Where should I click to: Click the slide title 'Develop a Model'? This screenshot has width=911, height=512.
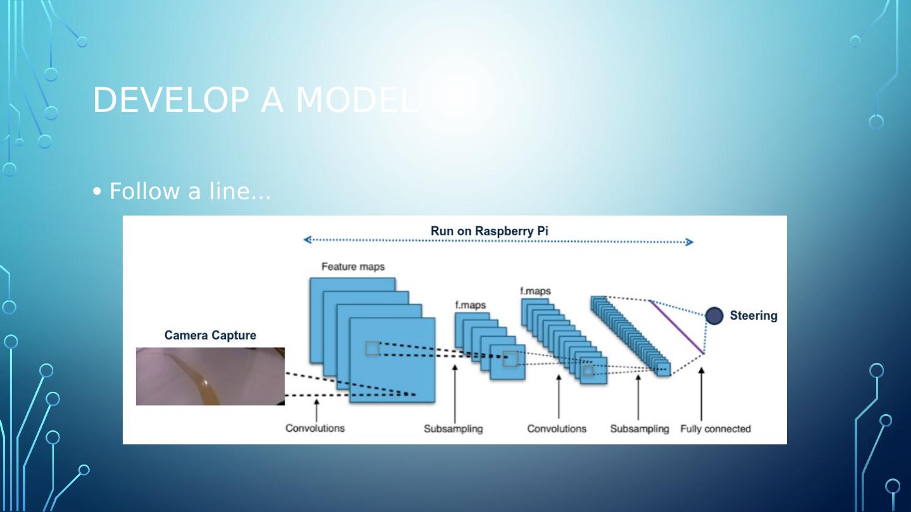pyautogui.click(x=255, y=100)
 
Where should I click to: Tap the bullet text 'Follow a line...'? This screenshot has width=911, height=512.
pyautogui.click(x=190, y=191)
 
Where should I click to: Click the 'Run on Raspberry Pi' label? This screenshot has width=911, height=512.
pyautogui.click(x=489, y=231)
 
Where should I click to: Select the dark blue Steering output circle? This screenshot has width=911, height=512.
pyautogui.click(x=714, y=315)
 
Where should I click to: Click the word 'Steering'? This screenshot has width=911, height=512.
pyautogui.click(x=753, y=315)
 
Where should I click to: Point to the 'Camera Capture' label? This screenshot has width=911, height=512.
pyautogui.click(x=210, y=335)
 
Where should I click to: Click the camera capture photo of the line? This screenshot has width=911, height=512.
pyautogui.click(x=210, y=376)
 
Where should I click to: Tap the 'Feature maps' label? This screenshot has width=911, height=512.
pyautogui.click(x=352, y=267)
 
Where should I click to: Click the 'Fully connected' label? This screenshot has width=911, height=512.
pyautogui.click(x=715, y=429)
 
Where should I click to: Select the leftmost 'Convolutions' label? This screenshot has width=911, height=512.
pyautogui.click(x=315, y=428)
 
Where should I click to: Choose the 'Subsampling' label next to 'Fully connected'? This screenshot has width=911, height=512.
pyautogui.click(x=639, y=429)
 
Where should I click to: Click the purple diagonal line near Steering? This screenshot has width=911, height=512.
pyautogui.click(x=676, y=327)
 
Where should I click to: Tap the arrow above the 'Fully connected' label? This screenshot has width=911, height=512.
pyautogui.click(x=701, y=392)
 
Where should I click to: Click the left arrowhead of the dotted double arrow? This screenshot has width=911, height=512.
pyautogui.click(x=307, y=240)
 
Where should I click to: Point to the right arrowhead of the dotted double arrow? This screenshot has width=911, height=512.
pyautogui.click(x=690, y=242)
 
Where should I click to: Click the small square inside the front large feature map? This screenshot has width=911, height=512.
pyautogui.click(x=373, y=348)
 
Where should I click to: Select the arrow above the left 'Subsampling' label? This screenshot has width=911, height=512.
pyautogui.click(x=455, y=392)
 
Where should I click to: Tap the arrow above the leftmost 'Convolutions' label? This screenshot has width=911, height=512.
pyautogui.click(x=316, y=410)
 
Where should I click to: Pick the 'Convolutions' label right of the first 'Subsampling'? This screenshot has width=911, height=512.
pyautogui.click(x=557, y=429)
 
